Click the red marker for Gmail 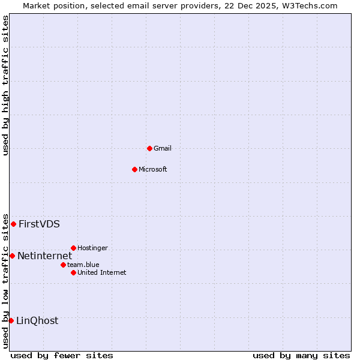click(149, 148)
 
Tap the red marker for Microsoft click(134, 169)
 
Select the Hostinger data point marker click(73, 248)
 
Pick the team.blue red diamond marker click(63, 265)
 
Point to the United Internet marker click(73, 272)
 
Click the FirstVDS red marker click(13, 224)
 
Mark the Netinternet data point click(12, 256)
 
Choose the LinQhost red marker click(11, 320)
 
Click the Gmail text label click(163, 148)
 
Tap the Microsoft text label click(153, 169)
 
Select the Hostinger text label click(92, 248)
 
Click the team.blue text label click(83, 265)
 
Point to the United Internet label click(102, 272)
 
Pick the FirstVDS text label click(39, 224)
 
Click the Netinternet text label click(44, 256)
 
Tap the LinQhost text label click(37, 320)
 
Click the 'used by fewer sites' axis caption click(62, 355)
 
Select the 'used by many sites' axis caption click(301, 355)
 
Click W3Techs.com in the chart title click(309, 5)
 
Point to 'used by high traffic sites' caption click(5, 85)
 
